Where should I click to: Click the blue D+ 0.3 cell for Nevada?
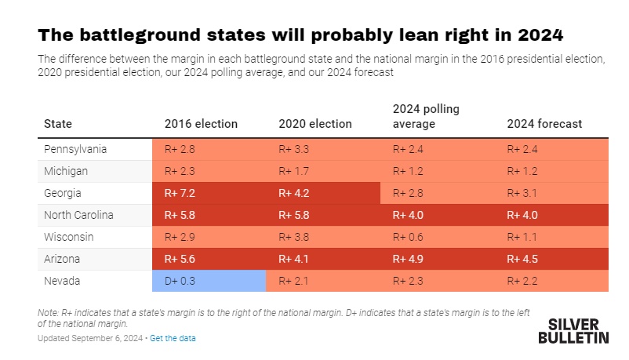click(x=209, y=281)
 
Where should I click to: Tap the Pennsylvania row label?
click(x=75, y=149)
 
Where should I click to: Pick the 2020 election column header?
click(x=315, y=124)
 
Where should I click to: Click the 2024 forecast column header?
click(x=544, y=124)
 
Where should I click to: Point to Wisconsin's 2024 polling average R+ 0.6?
click(x=408, y=237)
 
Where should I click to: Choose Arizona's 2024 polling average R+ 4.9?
click(x=408, y=259)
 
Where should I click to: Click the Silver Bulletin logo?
click(x=573, y=330)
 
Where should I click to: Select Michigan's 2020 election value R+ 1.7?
click(x=294, y=171)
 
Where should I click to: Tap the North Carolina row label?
click(x=79, y=215)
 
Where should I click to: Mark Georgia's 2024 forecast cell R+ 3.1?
click(x=522, y=193)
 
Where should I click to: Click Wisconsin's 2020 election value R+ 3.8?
click(x=294, y=237)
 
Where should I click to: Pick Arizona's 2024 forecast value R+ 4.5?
click(x=522, y=259)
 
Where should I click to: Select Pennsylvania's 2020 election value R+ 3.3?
click(x=294, y=149)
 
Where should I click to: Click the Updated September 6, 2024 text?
click(x=91, y=338)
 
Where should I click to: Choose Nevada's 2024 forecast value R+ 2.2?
click(x=522, y=281)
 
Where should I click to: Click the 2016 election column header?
click(x=201, y=124)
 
